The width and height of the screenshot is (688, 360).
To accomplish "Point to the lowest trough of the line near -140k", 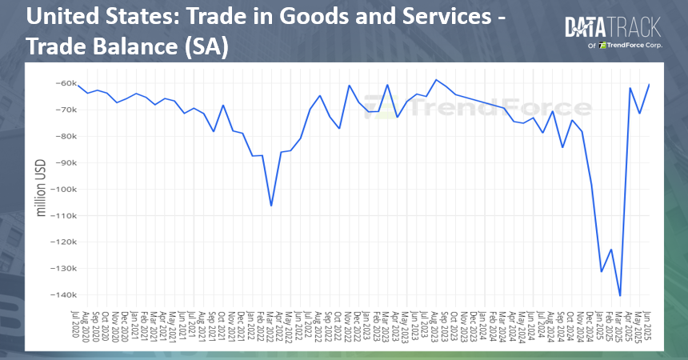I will tap(620, 296).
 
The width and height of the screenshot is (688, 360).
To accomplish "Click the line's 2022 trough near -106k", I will tap(271, 206).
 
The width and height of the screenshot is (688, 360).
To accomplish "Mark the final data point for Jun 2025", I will tap(649, 84).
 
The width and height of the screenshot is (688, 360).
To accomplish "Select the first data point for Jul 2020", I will tap(78, 85).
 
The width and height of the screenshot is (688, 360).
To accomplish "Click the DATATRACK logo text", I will tap(612, 28).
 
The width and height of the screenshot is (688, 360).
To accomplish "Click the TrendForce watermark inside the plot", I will tap(480, 106).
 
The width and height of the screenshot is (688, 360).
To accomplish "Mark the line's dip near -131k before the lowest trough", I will tap(602, 271).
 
